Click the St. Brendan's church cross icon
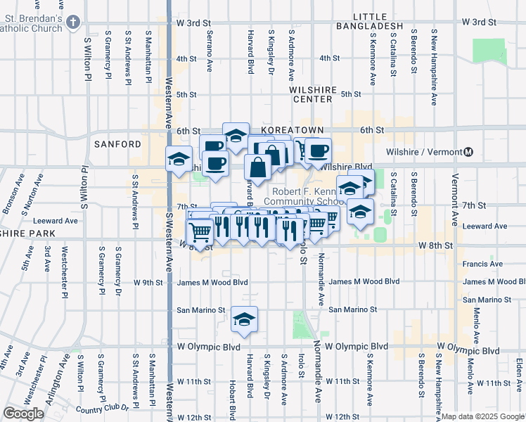point(72,23)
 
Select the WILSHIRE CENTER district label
point(310,94)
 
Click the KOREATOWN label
point(292,131)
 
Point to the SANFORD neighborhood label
point(117,144)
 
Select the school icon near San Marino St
point(245,320)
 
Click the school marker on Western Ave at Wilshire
point(179,158)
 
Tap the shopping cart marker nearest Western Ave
point(200,231)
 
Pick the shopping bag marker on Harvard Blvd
point(258,167)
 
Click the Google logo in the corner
point(23,414)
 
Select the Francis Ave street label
point(482,264)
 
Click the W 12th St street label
point(195,417)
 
